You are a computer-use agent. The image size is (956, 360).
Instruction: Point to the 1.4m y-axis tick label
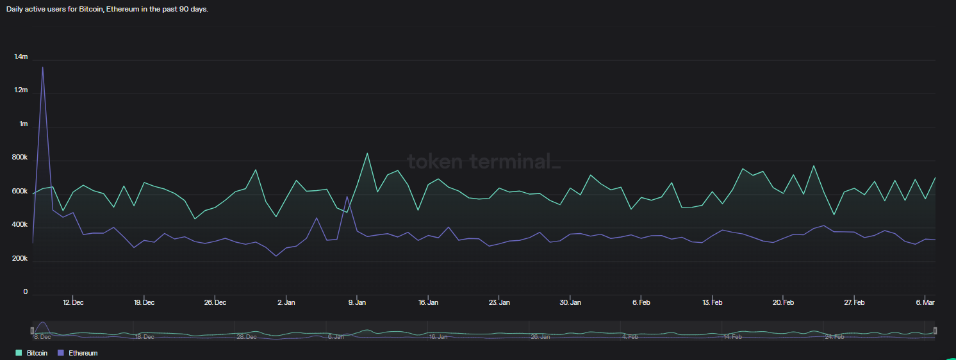pyautogui.click(x=21, y=57)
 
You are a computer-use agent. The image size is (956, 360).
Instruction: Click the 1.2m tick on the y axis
pyautogui.click(x=21, y=90)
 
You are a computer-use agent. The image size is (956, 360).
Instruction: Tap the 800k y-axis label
pyautogui.click(x=21, y=158)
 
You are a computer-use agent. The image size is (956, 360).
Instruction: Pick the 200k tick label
pyautogui.click(x=21, y=258)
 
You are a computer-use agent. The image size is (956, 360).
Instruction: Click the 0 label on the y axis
pyautogui.click(x=26, y=292)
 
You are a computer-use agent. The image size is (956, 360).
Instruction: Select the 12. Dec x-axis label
pyautogui.click(x=73, y=302)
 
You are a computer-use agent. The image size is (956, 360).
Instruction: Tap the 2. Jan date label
pyautogui.click(x=286, y=302)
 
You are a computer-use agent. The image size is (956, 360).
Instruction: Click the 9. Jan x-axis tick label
pyautogui.click(x=357, y=302)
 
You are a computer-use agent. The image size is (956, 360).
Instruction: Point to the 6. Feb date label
pyautogui.click(x=641, y=302)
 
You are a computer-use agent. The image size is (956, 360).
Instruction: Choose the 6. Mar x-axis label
pyautogui.click(x=925, y=302)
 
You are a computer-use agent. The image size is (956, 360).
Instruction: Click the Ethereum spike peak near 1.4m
pyautogui.click(x=43, y=67)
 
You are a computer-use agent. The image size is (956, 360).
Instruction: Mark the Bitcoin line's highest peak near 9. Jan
pyautogui.click(x=367, y=153)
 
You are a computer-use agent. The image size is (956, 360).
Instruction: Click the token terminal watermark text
pyautogui.click(x=484, y=161)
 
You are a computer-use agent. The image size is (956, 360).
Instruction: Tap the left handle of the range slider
pyautogui.click(x=32, y=331)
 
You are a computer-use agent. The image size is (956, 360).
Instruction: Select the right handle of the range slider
pyautogui.click(x=935, y=331)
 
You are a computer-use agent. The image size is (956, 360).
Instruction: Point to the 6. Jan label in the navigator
pyautogui.click(x=336, y=337)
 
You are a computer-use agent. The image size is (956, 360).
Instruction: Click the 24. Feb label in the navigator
pyautogui.click(x=834, y=337)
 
